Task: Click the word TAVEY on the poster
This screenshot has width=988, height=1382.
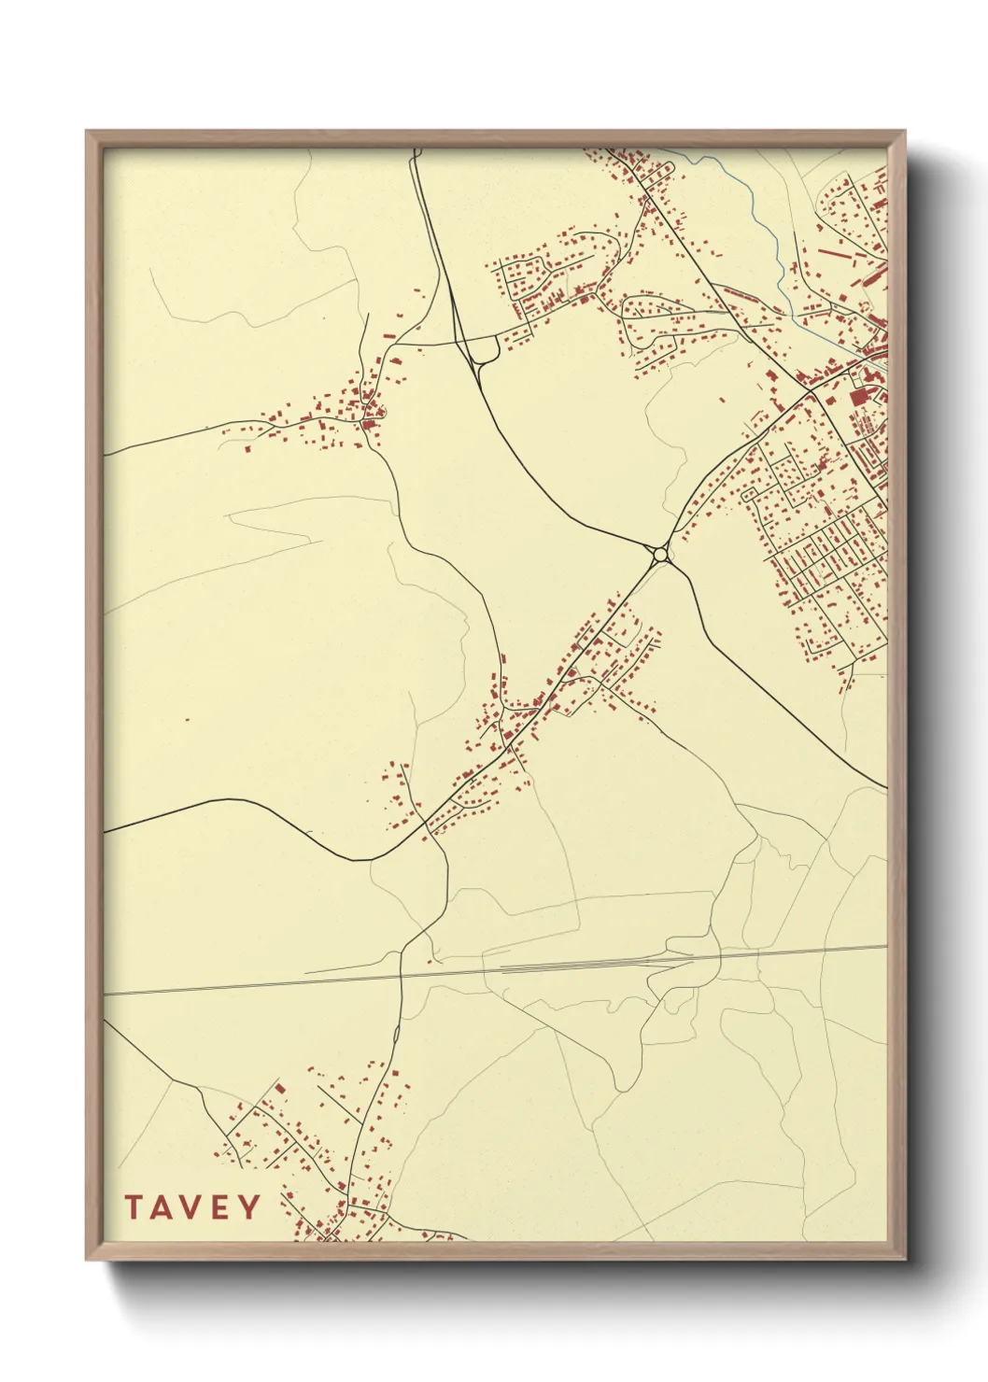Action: click(192, 1207)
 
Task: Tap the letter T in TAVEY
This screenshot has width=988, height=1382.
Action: click(134, 1207)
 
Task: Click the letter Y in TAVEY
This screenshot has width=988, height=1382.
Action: click(249, 1207)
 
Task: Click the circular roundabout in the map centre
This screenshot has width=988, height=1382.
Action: click(661, 555)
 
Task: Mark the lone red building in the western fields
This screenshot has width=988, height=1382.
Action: click(188, 720)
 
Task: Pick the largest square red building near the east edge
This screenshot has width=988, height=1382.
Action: click(860, 397)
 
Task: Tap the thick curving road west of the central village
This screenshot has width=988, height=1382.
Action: click(280, 817)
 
